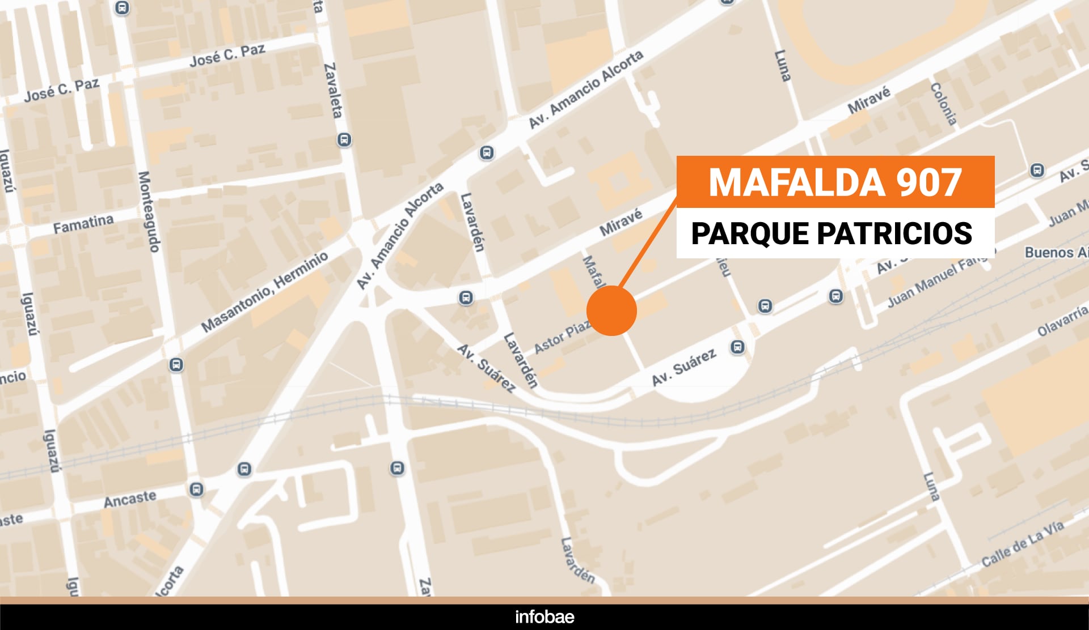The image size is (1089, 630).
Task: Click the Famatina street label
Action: point(83,224)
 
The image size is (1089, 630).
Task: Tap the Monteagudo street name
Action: point(149,211)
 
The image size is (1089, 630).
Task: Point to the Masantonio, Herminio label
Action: point(265,291)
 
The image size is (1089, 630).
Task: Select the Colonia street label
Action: point(944,104)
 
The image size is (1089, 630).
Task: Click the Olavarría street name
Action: point(1062,321)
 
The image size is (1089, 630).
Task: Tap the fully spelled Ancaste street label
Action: point(130,499)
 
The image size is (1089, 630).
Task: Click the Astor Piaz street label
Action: point(562,338)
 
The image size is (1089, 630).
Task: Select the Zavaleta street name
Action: point(334,90)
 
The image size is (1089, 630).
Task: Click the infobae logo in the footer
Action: point(544,617)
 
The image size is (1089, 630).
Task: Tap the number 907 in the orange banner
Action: point(928,182)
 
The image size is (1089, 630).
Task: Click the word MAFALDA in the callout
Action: point(797,182)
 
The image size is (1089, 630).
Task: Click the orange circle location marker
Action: point(611,311)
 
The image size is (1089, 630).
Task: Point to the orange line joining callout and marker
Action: point(648,242)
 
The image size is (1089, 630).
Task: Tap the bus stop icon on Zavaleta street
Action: point(344,139)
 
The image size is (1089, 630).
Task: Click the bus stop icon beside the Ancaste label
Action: point(196,489)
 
